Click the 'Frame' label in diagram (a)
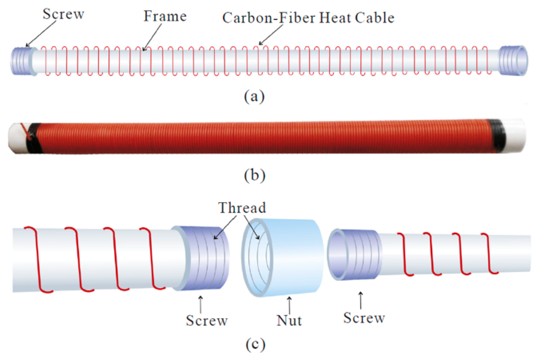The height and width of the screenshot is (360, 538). click(x=165, y=16)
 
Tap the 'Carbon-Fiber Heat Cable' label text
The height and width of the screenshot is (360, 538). click(x=308, y=18)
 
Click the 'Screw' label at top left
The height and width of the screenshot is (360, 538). click(x=63, y=14)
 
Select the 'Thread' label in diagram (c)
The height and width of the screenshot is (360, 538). click(x=242, y=208)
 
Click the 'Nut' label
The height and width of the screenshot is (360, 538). click(x=289, y=320)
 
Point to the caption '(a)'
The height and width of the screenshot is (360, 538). click(x=254, y=96)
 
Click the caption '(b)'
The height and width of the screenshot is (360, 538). click(x=255, y=175)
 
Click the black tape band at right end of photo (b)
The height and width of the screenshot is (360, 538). click(x=497, y=135)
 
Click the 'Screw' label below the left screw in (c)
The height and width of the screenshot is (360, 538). click(x=207, y=320)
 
